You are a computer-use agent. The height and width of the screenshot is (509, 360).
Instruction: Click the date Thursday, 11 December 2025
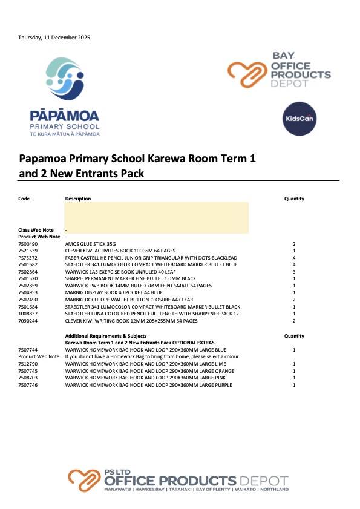54,38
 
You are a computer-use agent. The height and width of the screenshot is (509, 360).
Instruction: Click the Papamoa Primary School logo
73,97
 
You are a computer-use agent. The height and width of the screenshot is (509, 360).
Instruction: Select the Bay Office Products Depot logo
279,71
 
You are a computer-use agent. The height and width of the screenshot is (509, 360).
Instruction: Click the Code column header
24,199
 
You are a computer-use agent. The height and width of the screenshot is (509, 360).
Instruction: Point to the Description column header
78,199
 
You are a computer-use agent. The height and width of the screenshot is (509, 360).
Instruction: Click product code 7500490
28,243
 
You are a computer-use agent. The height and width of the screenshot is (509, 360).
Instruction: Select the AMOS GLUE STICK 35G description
90,243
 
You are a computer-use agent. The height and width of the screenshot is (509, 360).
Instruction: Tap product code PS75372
28,257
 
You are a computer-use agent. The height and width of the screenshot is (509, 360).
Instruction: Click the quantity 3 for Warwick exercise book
293,271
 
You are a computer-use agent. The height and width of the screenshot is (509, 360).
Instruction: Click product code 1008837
28,314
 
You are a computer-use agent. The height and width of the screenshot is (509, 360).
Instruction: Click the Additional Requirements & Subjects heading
105,335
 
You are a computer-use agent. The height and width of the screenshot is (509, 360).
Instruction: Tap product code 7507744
28,350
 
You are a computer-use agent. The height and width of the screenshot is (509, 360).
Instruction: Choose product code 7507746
28,385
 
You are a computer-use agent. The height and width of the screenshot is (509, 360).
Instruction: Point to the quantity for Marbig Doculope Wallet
293,300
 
